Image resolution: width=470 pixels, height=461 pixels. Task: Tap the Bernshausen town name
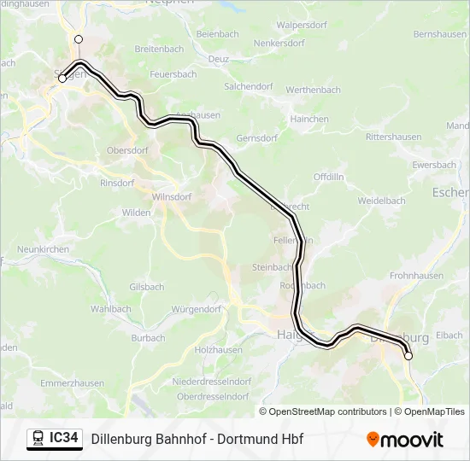(439, 34)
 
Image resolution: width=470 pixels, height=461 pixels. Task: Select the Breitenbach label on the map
(159, 50)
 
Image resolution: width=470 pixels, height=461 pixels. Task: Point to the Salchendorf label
(248, 87)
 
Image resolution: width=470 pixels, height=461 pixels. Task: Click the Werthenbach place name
(313, 90)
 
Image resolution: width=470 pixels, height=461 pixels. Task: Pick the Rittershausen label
(393, 137)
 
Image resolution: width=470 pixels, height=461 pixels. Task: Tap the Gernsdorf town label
(256, 137)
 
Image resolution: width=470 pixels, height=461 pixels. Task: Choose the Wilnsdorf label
(171, 196)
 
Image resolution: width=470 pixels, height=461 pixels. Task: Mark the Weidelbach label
(381, 201)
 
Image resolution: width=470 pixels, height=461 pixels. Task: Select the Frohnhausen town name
(416, 276)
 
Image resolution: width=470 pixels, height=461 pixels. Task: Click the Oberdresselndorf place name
(212, 396)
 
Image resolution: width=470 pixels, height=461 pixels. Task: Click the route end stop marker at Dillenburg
(408, 356)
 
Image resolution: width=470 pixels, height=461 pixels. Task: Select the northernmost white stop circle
(79, 39)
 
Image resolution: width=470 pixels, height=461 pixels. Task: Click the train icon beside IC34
(38, 439)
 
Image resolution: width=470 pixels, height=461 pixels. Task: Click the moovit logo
(405, 440)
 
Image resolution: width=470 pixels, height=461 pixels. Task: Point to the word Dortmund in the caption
(243, 440)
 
